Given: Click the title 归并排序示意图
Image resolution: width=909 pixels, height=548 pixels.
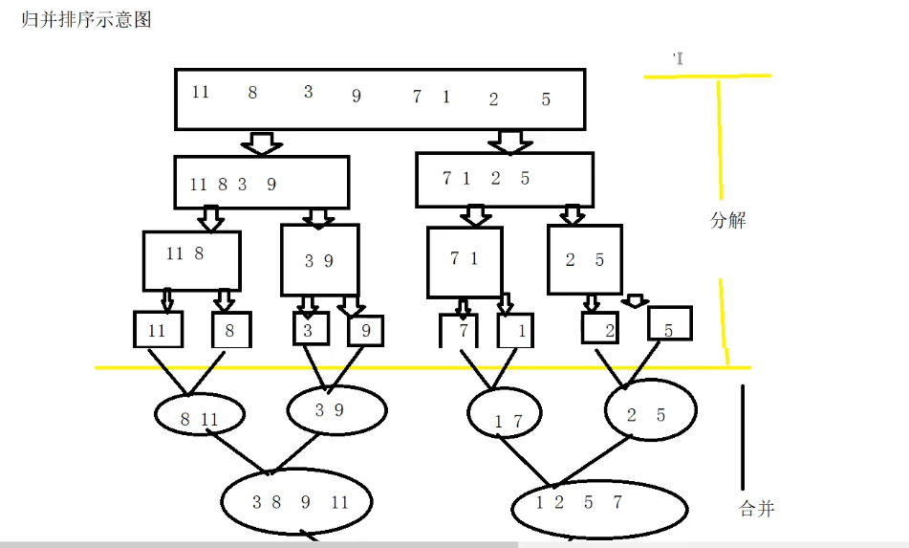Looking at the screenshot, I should pos(87,20).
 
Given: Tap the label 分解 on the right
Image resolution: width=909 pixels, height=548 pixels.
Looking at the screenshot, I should pos(728,220).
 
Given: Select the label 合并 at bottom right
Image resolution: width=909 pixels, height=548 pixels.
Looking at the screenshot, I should pos(757,508).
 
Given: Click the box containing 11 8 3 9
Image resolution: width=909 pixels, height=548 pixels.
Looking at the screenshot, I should pos(261,183).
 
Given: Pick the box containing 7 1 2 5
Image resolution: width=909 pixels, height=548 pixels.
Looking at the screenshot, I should pos(505,180).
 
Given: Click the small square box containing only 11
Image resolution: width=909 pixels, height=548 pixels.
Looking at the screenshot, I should pos(158,330).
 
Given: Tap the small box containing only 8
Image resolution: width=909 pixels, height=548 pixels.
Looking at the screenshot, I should pos(231,330).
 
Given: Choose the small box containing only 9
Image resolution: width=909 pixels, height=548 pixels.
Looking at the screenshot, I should pos(365,330).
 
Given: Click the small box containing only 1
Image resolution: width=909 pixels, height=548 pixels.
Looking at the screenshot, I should pos(515,330).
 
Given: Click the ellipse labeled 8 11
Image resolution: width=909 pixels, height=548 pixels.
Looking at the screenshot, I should pos(200,416).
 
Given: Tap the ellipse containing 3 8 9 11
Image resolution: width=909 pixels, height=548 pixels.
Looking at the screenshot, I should pos(296,501).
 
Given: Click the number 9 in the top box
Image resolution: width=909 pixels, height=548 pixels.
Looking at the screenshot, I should pos(357,96).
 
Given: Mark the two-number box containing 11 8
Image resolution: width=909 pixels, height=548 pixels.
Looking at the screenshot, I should pos(191,260).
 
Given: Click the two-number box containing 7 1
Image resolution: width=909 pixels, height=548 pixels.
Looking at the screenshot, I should pos(465,262).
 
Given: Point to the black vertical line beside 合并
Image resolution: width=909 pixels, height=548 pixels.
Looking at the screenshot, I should pos(743,435).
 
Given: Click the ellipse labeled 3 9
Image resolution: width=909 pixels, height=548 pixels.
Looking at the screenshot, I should pos(336,409).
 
